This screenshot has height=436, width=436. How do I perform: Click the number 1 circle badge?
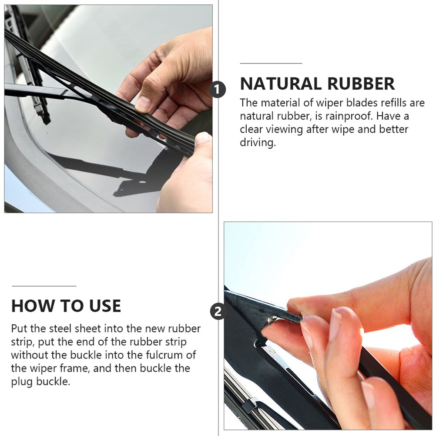pos(218,90)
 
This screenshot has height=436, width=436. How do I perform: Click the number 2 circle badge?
pos(218,312)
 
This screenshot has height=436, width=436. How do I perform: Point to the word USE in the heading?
pos(105,306)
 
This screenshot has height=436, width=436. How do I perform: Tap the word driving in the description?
pos(258,142)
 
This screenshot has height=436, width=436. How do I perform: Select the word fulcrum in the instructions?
pos(161,355)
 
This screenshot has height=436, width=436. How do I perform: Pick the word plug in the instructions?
pos(22,382)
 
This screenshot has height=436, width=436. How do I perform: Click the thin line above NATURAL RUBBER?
pos(271,64)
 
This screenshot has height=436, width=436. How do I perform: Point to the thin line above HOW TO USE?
pos(44,286)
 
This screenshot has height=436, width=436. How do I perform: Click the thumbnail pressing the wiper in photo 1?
pos(143,104)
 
